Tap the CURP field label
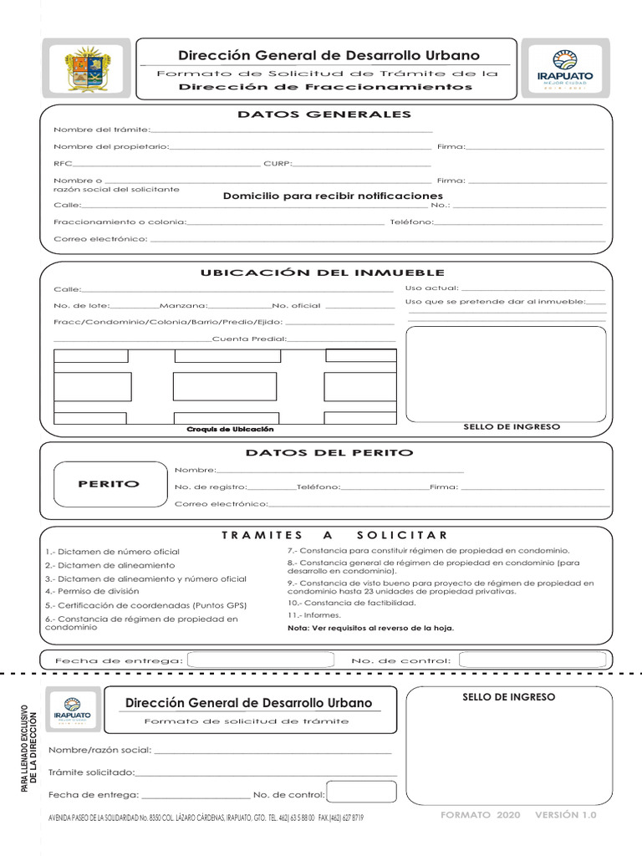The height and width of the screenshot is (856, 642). coord(278,163)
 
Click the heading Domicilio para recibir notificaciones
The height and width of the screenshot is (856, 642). coord(321,196)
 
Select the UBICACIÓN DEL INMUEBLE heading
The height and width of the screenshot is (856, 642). coord(322,273)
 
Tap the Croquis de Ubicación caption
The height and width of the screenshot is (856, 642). coord(230,429)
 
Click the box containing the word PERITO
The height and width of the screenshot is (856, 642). coord(109,484)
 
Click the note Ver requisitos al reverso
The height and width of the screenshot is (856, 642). coord(370,628)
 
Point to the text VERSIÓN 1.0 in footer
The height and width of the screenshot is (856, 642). coord(566,814)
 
